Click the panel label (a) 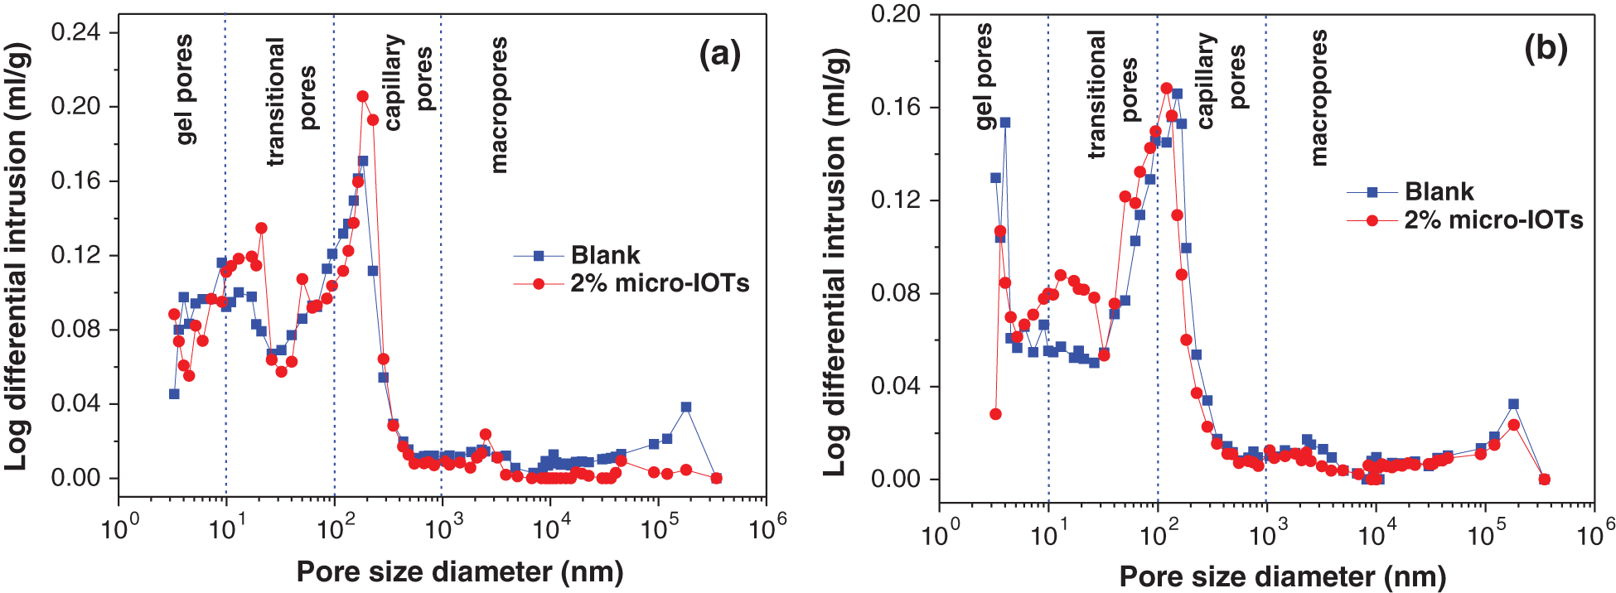click(719, 55)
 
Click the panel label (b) click(1546, 50)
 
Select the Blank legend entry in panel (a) click(605, 255)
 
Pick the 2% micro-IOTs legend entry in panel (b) click(1493, 220)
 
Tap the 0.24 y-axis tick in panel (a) click(75, 32)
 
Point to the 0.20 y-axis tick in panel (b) click(896, 14)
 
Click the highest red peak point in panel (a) click(362, 97)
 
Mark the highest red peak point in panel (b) click(1167, 89)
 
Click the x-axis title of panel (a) click(460, 571)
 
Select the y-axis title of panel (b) click(835, 261)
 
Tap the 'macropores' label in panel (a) click(498, 104)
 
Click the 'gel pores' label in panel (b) click(984, 76)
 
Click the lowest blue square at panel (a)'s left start click(174, 394)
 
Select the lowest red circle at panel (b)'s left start click(995, 414)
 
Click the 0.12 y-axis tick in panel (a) click(75, 255)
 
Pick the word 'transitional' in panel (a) click(275, 101)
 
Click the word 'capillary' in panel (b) click(1206, 80)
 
